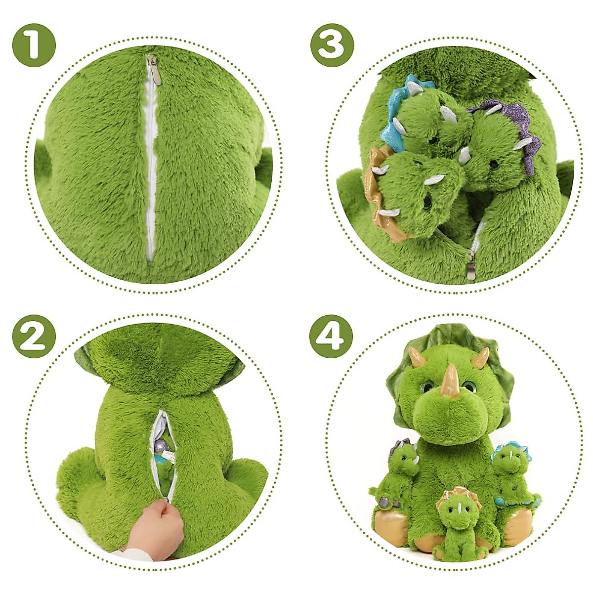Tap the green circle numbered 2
coord(34,336)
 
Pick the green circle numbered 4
coord(331,336)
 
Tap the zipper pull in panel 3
coord(471,264)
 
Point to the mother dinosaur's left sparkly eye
coord(428,386)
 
